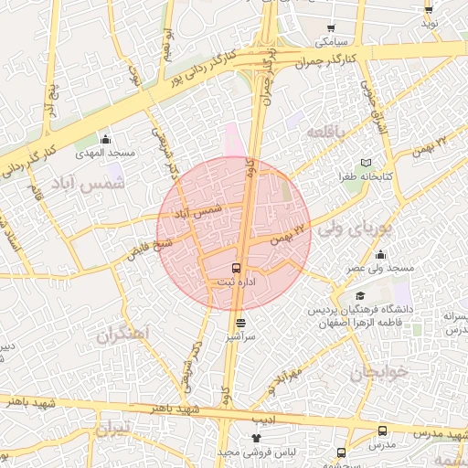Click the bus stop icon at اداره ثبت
[237, 269]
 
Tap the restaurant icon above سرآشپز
[240, 323]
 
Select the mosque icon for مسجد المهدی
[105, 140]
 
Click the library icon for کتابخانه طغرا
[367, 162]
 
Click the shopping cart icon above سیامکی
[331, 28]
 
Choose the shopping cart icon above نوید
[429, 9]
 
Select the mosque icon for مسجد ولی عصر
[379, 255]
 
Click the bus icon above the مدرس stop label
[382, 431]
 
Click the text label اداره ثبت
[235, 282]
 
